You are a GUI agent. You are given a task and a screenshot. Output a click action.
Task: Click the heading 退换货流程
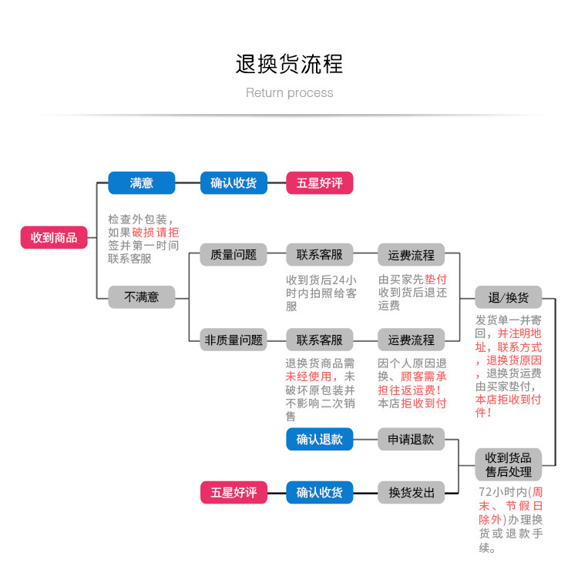click(289, 64)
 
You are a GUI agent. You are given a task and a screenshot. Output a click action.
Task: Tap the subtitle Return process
click(289, 92)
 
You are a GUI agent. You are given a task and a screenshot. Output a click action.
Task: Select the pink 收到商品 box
click(54, 237)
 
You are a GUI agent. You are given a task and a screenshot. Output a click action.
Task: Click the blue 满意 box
click(141, 182)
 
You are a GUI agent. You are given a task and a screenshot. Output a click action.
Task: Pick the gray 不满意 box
click(141, 297)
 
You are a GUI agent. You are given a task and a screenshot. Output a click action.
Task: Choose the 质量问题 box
click(234, 255)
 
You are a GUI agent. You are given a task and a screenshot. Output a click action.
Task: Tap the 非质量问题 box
click(234, 340)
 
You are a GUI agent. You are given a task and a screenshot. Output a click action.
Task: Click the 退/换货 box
click(509, 297)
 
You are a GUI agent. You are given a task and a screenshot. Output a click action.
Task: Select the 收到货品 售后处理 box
click(509, 464)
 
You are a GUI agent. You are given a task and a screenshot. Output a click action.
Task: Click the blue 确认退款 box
click(320, 439)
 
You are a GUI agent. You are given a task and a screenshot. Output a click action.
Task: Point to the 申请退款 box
click(411, 439)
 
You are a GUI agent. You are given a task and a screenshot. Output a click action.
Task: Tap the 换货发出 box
click(411, 492)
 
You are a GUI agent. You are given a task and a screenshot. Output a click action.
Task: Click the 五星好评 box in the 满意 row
click(320, 182)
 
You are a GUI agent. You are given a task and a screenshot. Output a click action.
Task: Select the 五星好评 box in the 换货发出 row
click(234, 492)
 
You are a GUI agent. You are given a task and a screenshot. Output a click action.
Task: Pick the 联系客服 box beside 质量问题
click(320, 255)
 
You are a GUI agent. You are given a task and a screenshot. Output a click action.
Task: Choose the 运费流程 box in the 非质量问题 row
click(411, 340)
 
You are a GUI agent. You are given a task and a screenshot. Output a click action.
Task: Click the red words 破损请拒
click(155, 233)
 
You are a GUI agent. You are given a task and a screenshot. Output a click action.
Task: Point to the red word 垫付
click(436, 280)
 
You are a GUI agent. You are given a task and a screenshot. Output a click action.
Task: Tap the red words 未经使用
click(308, 377)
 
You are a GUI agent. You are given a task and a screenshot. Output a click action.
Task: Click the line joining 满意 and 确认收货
click(187, 182)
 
